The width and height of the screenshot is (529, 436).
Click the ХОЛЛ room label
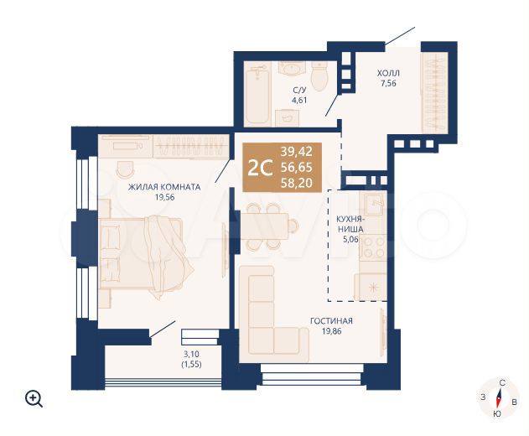[x=388, y=73]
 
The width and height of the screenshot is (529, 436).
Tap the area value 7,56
[x=388, y=83]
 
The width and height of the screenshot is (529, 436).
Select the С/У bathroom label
[x=299, y=90]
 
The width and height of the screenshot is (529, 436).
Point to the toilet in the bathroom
[x=319, y=76]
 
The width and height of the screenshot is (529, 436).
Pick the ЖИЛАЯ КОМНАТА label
[x=164, y=187]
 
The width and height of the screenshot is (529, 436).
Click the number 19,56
[x=164, y=198]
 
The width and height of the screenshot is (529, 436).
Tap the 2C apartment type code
[x=260, y=168]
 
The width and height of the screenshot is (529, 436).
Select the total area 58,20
[x=297, y=183]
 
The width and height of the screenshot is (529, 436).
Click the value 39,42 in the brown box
[x=297, y=152]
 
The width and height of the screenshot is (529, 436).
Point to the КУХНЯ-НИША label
[x=350, y=224]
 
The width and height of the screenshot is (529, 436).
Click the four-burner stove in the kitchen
[x=373, y=247]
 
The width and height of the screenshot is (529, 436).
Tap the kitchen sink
[x=372, y=204]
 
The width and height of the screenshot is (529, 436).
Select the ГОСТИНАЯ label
[x=331, y=320]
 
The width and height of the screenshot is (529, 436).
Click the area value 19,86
[x=331, y=331]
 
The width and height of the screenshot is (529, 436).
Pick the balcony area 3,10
[x=191, y=355]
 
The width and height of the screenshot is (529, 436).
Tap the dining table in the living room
[x=264, y=226]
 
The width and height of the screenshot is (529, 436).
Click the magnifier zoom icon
[x=34, y=399]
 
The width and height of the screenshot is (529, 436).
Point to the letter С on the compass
[x=502, y=382]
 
